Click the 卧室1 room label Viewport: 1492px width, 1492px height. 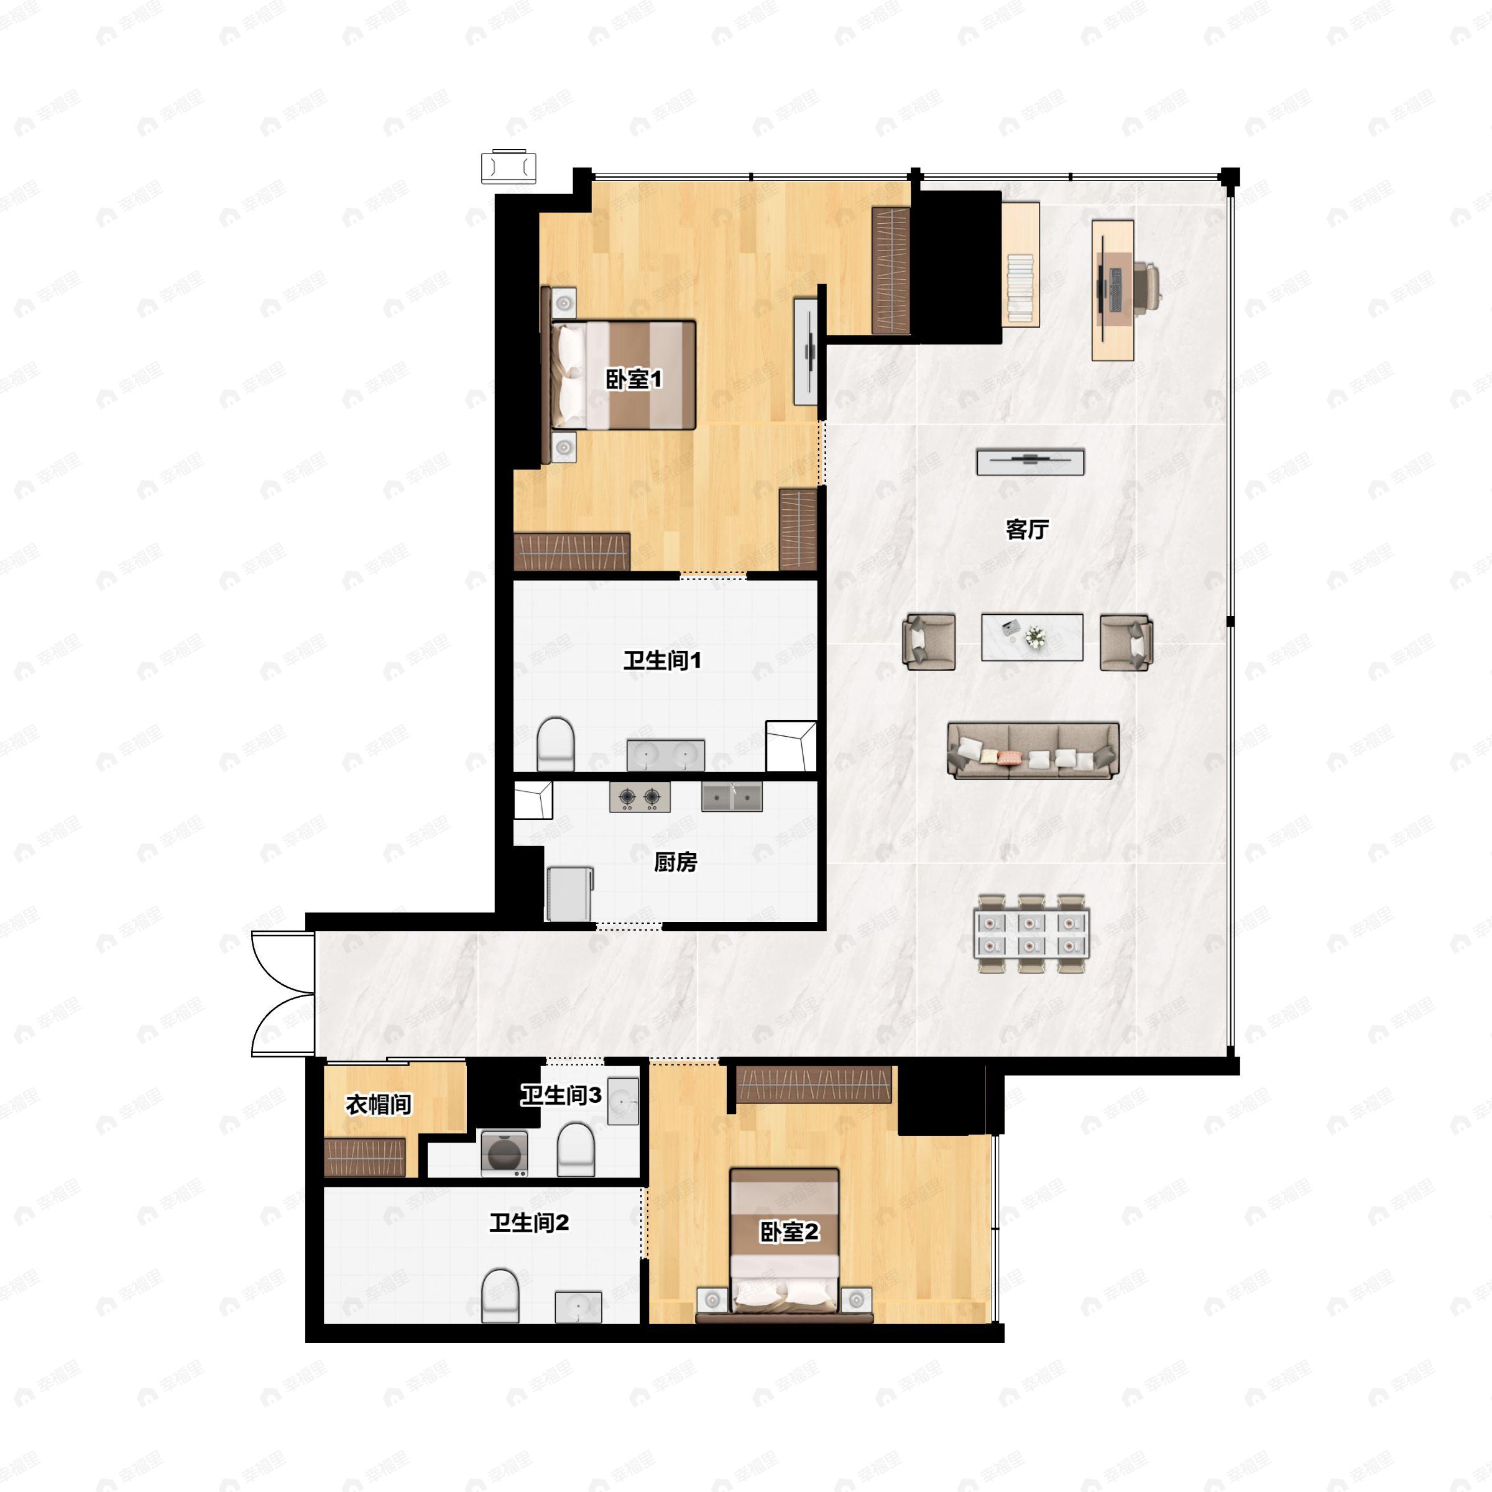pos(633,379)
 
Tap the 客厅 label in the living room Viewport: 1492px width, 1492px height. pos(1027,529)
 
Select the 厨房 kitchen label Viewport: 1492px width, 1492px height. pos(676,862)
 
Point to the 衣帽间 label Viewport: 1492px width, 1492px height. pos(379,1104)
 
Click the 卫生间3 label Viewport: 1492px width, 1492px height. pos(561,1095)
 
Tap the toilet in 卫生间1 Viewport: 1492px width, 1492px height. pos(556,745)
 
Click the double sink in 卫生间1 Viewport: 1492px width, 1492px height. pos(666,755)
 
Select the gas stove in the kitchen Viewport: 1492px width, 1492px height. pos(640,796)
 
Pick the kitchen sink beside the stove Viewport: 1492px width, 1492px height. pos(731,796)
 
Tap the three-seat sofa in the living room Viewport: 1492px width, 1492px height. pos(1033,750)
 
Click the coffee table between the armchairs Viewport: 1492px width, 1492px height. pos(1032,637)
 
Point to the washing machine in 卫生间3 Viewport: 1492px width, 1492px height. pos(504,1154)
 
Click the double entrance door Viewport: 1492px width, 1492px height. pos(283,993)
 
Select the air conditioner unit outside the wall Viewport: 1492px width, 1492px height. pos(509,167)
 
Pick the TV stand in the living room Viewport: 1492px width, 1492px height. pos(1030,462)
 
